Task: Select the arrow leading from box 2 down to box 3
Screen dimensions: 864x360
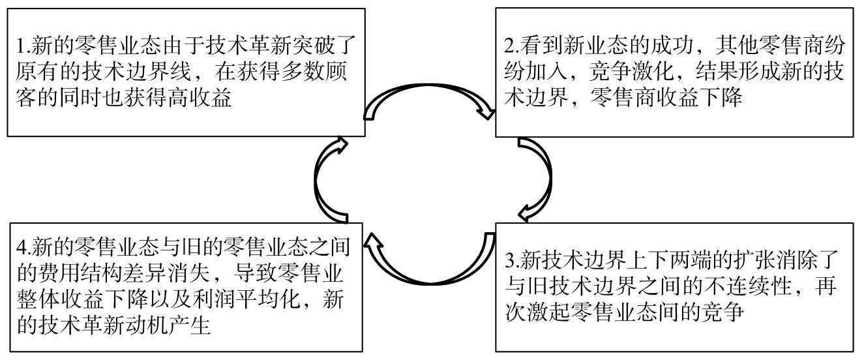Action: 548,177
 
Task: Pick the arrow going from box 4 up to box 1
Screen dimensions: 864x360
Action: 317,180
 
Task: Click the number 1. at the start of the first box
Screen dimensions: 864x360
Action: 23,46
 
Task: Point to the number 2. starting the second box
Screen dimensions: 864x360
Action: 512,46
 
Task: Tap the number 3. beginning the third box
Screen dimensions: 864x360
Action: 513,261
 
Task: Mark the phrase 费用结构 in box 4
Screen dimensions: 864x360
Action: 82,273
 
